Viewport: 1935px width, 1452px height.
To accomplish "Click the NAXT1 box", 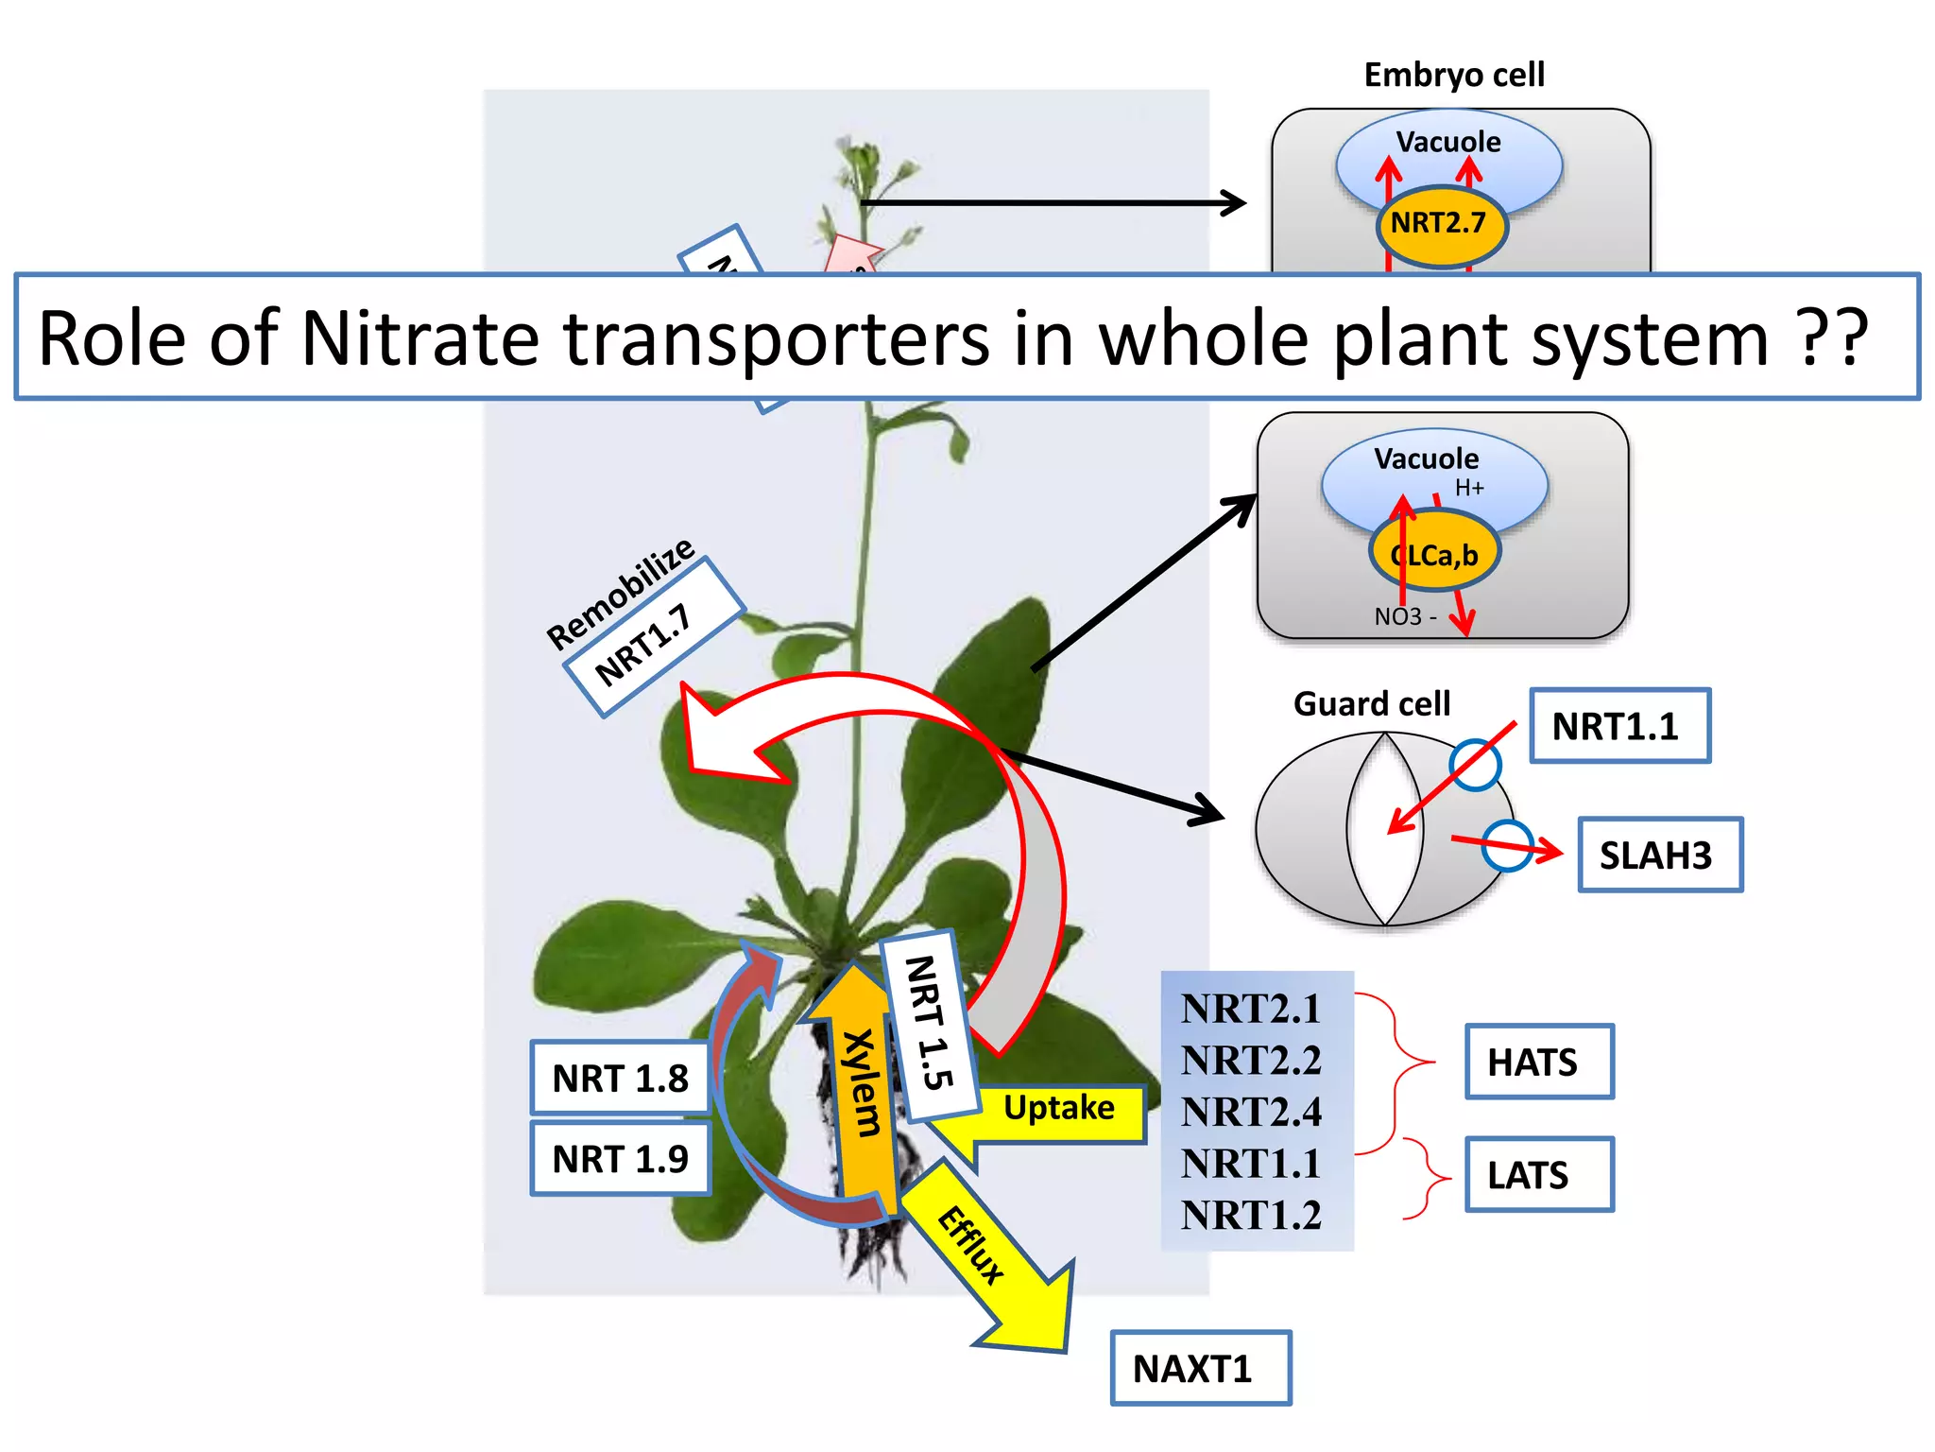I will coord(1199,1368).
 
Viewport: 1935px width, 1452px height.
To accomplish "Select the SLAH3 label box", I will coord(1659,855).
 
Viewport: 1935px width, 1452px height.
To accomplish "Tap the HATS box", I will coord(1538,1062).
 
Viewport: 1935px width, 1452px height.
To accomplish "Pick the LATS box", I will coord(1538,1174).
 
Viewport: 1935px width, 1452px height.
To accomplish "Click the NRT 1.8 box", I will coord(620,1078).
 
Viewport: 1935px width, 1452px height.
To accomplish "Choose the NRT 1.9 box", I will coord(620,1158).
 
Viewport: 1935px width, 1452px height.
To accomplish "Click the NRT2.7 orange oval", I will coord(1438,224).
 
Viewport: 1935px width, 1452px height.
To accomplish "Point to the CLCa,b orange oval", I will coord(1434,555).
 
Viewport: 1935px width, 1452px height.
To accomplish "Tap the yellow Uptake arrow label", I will coord(1058,1108).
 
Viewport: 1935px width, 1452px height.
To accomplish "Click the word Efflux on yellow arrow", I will coord(970,1245).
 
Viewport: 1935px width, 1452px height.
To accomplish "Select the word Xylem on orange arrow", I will coord(863,1082).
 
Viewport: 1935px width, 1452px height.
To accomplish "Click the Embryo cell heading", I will coord(1453,75).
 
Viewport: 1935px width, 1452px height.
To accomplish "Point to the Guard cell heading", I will coord(1371,703).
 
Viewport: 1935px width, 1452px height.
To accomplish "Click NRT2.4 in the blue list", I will coord(1250,1112).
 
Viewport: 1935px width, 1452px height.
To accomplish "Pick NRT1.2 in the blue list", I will coord(1250,1215).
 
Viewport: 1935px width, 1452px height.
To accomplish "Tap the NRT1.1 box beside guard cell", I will coord(1618,726).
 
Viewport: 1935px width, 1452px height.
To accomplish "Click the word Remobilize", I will coord(621,593).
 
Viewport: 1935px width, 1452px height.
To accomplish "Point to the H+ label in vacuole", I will coord(1469,488).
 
